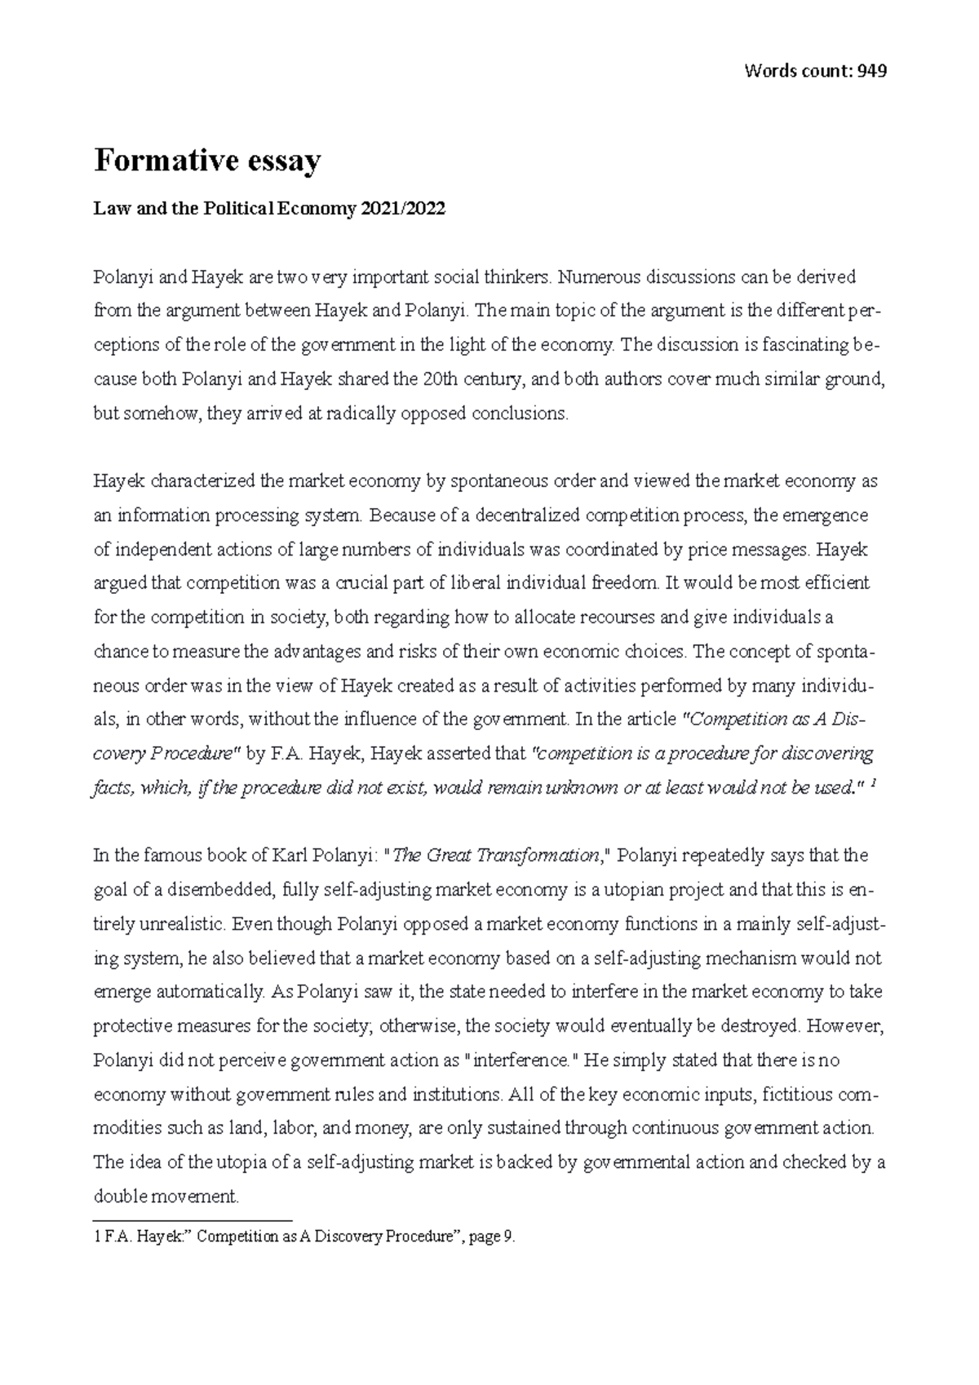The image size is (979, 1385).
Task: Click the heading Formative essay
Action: point(207,161)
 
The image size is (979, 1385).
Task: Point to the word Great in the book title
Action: point(450,856)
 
